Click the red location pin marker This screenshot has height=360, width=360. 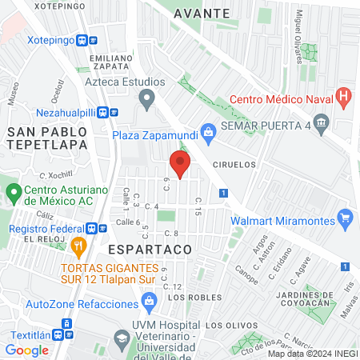click(180, 164)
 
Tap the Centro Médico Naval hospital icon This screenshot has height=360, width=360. click(344, 99)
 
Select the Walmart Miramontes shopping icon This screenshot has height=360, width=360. click(346, 216)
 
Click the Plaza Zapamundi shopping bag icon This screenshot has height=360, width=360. click(208, 130)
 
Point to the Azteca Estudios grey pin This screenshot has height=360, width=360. click(146, 99)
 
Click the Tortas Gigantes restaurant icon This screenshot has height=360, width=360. click(78, 246)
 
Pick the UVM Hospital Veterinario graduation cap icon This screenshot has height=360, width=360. click(120, 335)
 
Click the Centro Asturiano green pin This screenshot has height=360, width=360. click(14, 193)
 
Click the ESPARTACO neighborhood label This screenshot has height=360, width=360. click(154, 250)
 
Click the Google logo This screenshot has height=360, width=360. click(26, 350)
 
